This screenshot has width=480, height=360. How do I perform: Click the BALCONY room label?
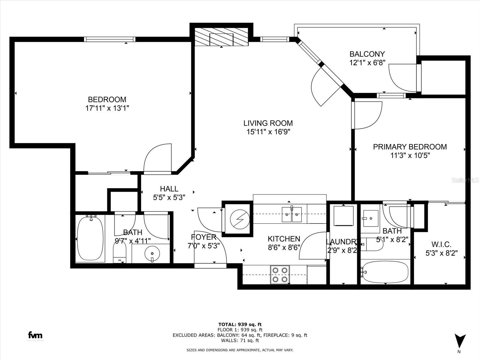tap(367, 54)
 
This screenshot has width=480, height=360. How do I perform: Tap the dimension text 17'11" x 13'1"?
tap(107, 108)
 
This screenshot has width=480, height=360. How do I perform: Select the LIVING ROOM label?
tap(268, 123)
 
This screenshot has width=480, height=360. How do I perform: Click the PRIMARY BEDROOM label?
tap(409, 147)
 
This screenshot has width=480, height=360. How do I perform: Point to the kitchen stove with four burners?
tap(280, 275)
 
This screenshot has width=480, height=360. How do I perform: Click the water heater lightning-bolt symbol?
tap(240, 219)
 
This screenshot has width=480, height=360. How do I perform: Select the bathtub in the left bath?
tap(90, 238)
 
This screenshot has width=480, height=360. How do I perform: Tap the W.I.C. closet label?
tap(441, 244)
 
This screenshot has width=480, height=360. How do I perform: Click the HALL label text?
tap(169, 189)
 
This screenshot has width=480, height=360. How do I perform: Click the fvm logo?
tap(35, 335)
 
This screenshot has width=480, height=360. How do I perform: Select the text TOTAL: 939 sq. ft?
tap(240, 324)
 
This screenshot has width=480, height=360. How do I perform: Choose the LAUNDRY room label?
tap(342, 242)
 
